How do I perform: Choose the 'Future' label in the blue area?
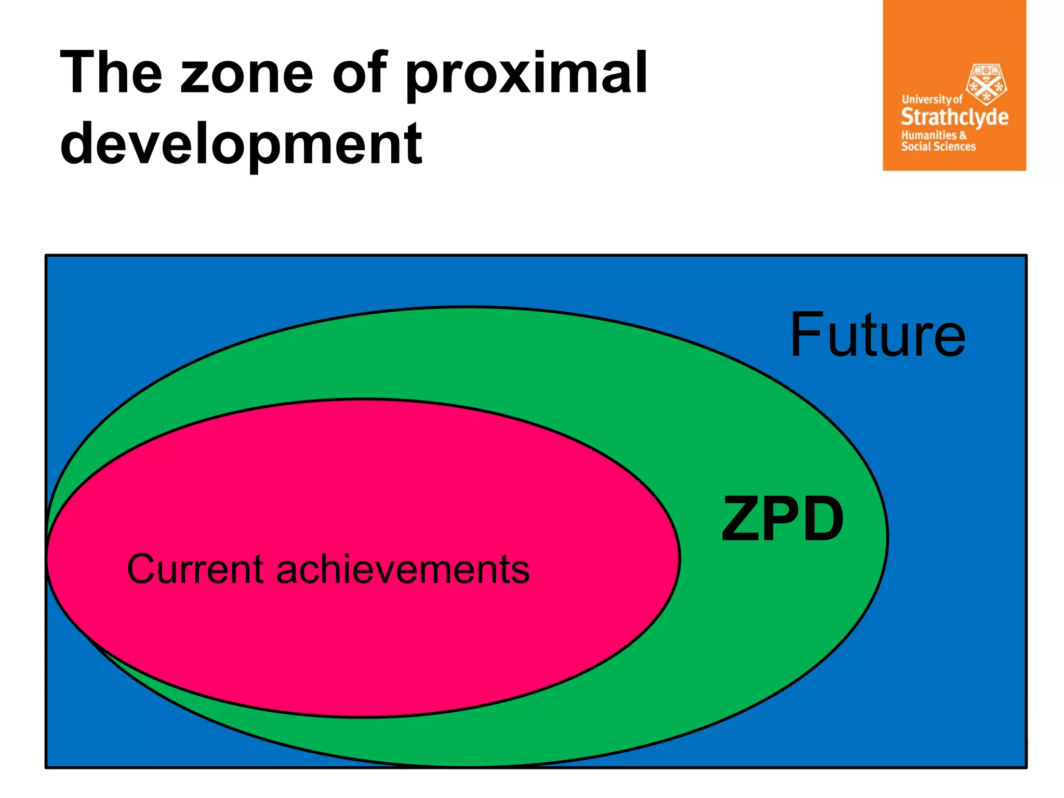click(x=877, y=336)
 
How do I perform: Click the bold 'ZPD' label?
click(x=782, y=518)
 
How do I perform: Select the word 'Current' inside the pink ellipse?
click(x=195, y=569)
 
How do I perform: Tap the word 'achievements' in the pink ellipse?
click(x=403, y=569)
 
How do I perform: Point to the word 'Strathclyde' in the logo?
click(x=954, y=117)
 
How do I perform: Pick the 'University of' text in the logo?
click(x=932, y=99)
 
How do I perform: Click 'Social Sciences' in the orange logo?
click(x=938, y=147)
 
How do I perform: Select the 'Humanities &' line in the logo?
click(x=934, y=135)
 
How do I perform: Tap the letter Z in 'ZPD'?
click(x=742, y=518)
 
